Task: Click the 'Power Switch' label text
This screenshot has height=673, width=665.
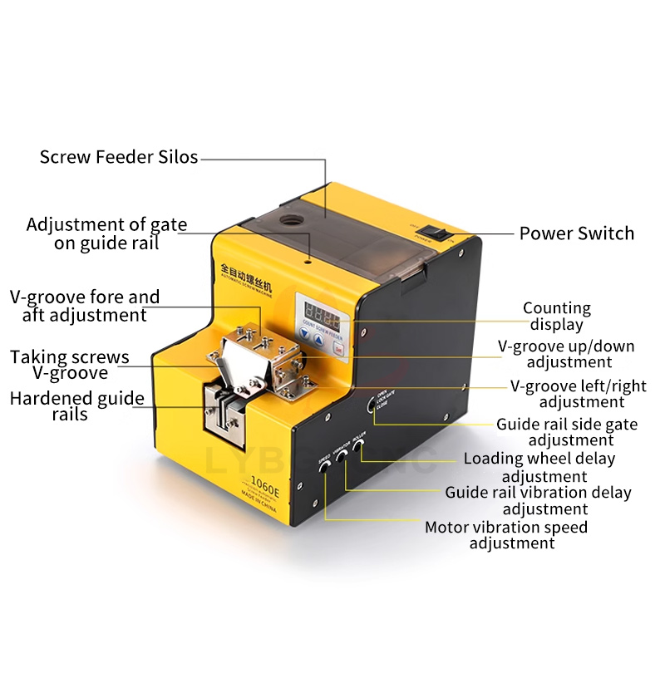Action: pyautogui.click(x=576, y=233)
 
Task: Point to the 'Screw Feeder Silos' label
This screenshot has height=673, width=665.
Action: pyautogui.click(x=119, y=156)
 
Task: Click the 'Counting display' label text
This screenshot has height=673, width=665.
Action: pyautogui.click(x=556, y=316)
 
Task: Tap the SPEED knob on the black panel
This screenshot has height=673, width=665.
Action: pyautogui.click(x=325, y=471)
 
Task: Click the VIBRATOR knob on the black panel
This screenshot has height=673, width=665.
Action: pyautogui.click(x=342, y=459)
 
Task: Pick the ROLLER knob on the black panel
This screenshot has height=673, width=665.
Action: pyautogui.click(x=359, y=447)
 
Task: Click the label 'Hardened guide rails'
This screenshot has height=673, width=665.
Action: pyautogui.click(x=76, y=405)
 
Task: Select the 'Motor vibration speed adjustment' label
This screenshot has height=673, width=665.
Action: pyautogui.click(x=506, y=535)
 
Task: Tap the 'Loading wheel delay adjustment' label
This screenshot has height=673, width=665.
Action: pyautogui.click(x=539, y=467)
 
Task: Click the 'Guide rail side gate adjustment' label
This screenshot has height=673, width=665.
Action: pyautogui.click(x=567, y=432)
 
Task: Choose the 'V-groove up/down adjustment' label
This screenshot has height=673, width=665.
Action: pyautogui.click(x=565, y=354)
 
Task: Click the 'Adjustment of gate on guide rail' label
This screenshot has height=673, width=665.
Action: pyautogui.click(x=106, y=233)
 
